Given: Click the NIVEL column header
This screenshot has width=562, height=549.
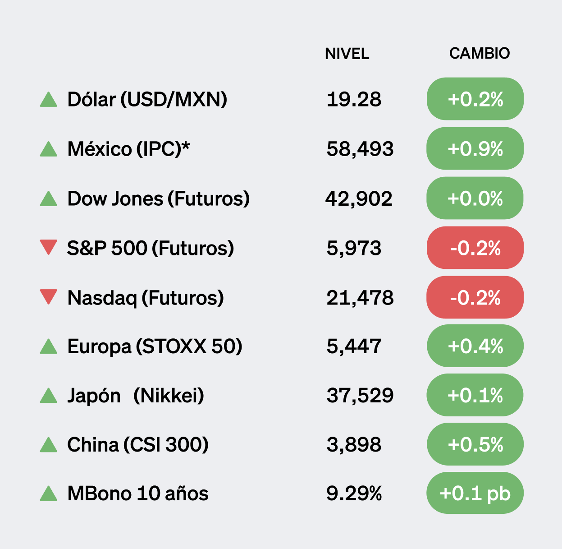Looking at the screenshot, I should (x=347, y=54).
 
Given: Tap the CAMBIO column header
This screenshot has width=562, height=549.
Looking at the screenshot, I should (x=479, y=53).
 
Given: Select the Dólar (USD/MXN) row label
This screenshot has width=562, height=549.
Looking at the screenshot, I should (x=147, y=99).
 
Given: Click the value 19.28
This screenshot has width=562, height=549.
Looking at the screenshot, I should (x=354, y=99).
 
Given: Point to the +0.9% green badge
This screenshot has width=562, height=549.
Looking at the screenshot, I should (x=475, y=149).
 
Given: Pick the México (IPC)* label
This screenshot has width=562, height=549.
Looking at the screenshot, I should (x=128, y=149).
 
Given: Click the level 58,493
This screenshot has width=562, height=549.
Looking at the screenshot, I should (x=360, y=149).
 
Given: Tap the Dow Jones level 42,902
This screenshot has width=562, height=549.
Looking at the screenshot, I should (x=359, y=198).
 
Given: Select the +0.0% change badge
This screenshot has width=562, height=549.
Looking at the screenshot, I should (x=475, y=198).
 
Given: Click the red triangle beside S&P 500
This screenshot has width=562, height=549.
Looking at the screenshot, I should (x=48, y=247).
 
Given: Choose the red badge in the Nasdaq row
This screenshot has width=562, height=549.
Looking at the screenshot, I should (x=475, y=298).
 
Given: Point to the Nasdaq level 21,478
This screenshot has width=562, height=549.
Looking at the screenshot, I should (x=360, y=298).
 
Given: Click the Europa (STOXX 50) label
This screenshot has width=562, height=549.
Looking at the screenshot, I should (x=155, y=346).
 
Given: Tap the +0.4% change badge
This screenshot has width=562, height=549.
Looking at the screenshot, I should (x=475, y=346).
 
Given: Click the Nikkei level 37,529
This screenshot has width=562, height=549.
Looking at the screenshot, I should (x=360, y=396).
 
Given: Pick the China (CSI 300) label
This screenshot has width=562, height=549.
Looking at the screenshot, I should (x=137, y=445).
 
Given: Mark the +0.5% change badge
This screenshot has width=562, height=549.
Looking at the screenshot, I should (x=475, y=445).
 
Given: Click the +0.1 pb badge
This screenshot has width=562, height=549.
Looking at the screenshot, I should (x=475, y=493).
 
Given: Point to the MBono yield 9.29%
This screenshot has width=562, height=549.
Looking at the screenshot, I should (x=354, y=494).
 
